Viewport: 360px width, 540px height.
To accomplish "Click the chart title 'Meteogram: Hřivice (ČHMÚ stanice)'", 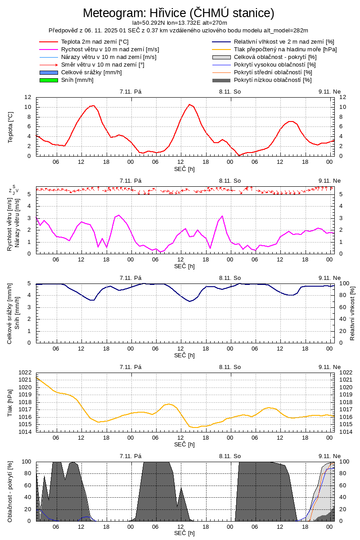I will [x=179, y=13].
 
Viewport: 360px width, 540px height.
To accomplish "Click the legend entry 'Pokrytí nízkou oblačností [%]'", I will [x=273, y=80].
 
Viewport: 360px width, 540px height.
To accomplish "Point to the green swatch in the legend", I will [x=49, y=80].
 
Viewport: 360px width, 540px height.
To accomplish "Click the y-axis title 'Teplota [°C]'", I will [x=11, y=127].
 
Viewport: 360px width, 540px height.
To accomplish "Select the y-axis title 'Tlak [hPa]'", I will [x=11, y=403].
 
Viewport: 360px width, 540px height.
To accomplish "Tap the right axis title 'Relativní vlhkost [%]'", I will [x=352, y=313].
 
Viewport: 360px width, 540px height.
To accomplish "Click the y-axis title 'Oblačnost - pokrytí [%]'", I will [x=11, y=491].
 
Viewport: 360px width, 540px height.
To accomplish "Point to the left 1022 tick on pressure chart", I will [x=25, y=373].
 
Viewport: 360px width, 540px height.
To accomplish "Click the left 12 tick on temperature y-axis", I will [x=28, y=97].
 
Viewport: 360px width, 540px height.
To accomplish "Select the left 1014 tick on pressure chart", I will [x=25, y=432].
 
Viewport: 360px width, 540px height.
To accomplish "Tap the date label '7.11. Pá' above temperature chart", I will [x=130, y=91].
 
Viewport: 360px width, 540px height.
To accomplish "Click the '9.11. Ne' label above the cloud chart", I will [x=329, y=456].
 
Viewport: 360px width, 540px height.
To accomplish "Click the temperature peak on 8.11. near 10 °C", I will [x=189, y=104].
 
